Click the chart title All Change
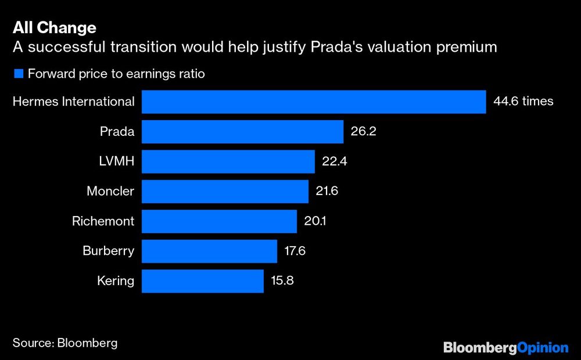point(55,27)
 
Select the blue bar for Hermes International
point(314,102)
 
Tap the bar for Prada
point(242,132)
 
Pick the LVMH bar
point(228,161)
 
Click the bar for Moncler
point(225,191)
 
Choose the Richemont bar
point(219,221)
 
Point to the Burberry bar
point(209,251)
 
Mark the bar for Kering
point(202,281)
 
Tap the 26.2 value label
point(364,132)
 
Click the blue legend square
point(17,74)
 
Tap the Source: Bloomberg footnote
point(65,343)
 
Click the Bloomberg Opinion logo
point(505,347)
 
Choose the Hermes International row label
point(73,102)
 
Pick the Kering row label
point(116,281)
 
